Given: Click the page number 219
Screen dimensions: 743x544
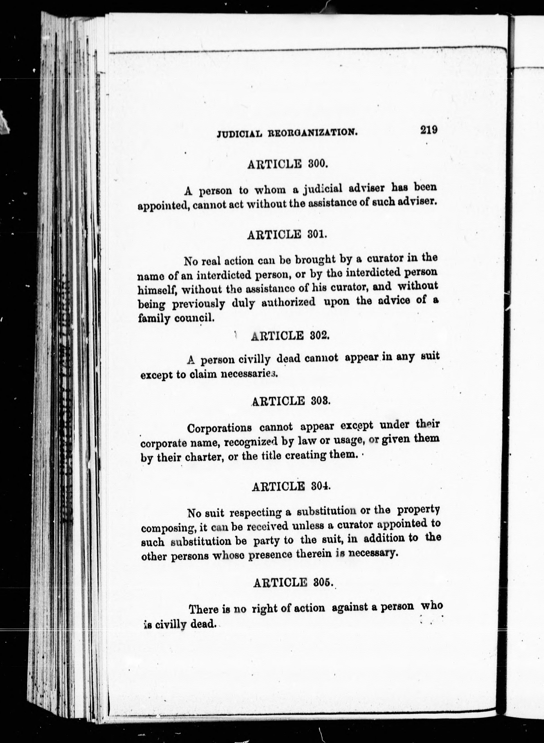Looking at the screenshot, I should [x=428, y=130].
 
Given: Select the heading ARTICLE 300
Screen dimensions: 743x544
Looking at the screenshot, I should [x=287, y=163].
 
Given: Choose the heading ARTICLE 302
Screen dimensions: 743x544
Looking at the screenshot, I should [x=290, y=336].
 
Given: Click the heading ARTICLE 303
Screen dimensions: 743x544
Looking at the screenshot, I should [x=290, y=401].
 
